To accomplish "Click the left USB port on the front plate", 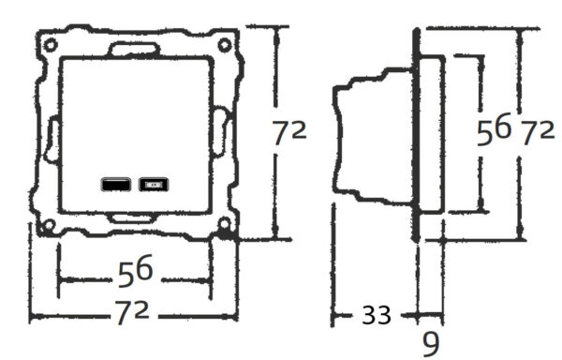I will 116,185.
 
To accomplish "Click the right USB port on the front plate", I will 152,185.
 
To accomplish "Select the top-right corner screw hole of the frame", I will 224,44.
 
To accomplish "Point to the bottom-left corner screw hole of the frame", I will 44,225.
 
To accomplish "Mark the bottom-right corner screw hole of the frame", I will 225,225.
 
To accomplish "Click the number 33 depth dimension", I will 377,316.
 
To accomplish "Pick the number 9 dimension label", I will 430,342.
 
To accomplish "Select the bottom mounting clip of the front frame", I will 133,219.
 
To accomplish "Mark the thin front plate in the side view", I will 415,136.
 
